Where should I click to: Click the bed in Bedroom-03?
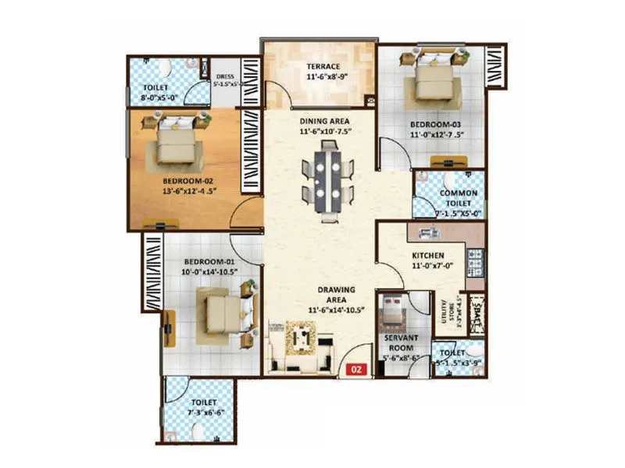(429, 79)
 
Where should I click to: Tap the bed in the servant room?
(390, 315)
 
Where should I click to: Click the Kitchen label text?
(428, 256)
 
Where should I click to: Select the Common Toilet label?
(458, 198)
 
